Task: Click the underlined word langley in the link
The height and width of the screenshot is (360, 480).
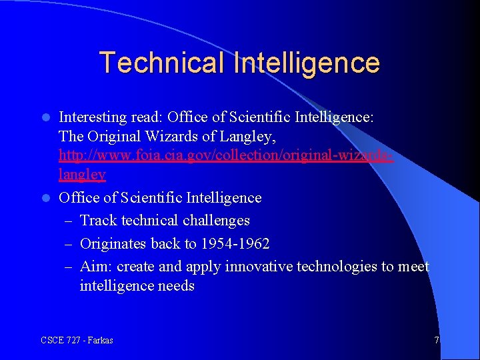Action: [x=82, y=175]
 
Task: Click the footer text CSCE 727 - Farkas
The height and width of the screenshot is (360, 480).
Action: [x=77, y=341]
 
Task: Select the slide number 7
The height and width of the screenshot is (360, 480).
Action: [x=437, y=341]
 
